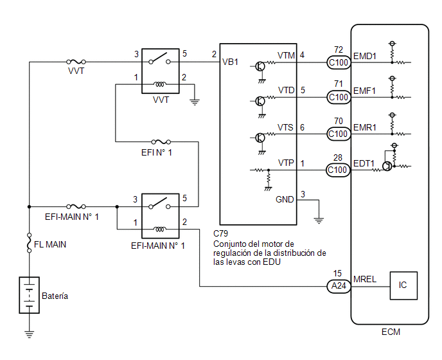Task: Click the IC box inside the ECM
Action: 403,285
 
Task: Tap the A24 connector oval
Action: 339,286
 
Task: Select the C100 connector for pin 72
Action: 339,62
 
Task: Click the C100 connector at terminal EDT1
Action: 338,170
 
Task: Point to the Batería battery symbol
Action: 30,295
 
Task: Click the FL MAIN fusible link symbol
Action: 29,242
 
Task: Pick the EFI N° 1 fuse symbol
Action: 161,141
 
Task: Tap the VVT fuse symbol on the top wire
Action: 76,62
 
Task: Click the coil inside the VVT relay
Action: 160,84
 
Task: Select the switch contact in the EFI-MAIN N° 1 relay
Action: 159,204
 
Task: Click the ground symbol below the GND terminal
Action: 319,221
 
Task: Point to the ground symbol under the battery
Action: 29,334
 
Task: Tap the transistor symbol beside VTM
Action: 260,67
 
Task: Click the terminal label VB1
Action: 230,62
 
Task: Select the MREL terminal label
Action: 365,279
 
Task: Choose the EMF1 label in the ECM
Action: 364,91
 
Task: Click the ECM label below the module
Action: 391,332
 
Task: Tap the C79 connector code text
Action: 220,233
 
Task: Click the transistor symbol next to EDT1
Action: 387,166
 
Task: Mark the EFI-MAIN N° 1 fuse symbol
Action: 76,206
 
